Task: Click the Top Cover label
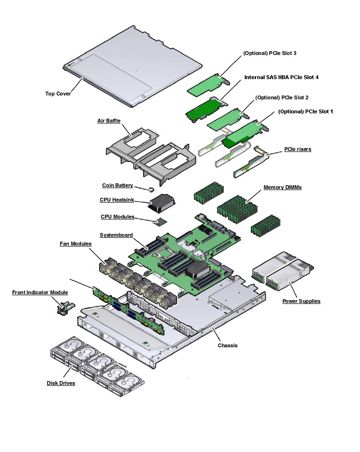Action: pos(58,94)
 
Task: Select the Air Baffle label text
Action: pos(109,121)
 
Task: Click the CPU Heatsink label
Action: pos(117,200)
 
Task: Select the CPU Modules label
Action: pos(117,217)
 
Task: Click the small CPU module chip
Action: pos(160,221)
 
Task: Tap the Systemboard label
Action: pos(116,235)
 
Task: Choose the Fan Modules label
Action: pos(75,244)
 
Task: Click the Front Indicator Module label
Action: pos(40,292)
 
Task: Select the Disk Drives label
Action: pos(61,384)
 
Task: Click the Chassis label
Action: pos(227,345)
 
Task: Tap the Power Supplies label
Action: pos(301,301)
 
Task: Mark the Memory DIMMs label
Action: pos(282,187)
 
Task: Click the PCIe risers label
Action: pos(297,149)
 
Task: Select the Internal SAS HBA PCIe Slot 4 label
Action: pos(281,77)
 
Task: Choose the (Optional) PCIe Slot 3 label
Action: pos(269,53)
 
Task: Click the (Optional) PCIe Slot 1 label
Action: pos(306,111)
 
